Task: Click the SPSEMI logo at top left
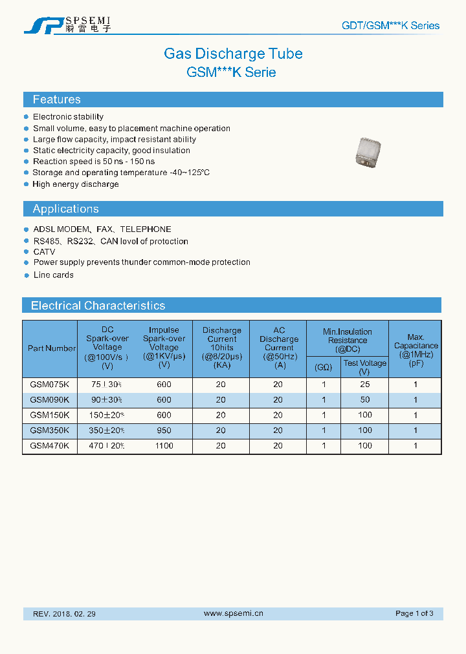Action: tap(67, 25)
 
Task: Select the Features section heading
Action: tap(57, 100)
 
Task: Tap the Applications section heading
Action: tap(65, 209)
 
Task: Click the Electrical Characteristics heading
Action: tap(98, 306)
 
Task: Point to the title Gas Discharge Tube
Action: tap(233, 54)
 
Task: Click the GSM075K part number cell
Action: tap(49, 384)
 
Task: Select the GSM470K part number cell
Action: tap(49, 446)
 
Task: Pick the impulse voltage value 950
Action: tap(164, 430)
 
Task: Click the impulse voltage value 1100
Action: tap(164, 446)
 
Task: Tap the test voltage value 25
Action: tap(365, 384)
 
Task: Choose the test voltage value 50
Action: tap(365, 399)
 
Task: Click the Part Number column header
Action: tap(51, 348)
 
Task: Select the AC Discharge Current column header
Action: tap(279, 348)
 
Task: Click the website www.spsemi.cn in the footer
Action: tap(233, 613)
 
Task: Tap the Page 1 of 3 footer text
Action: tap(414, 613)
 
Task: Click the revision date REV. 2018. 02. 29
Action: tap(64, 613)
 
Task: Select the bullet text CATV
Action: tap(44, 251)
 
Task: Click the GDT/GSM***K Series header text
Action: tap(390, 26)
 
